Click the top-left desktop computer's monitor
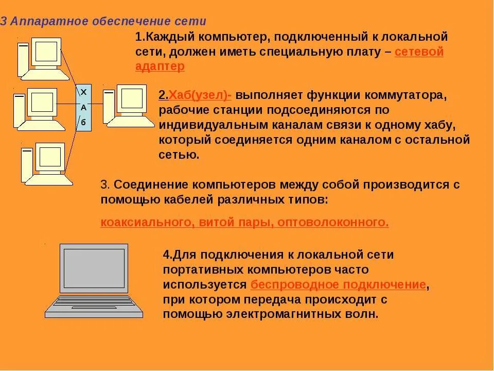[x=46, y=52]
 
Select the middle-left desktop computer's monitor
[x=42, y=103]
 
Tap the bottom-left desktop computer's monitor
[x=49, y=157]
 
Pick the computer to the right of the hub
[x=129, y=106]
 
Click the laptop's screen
[x=93, y=268]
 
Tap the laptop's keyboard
[x=94, y=303]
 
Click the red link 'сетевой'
[x=419, y=52]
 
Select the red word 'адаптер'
[x=160, y=66]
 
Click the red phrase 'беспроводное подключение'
[x=338, y=284]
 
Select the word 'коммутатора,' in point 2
[x=401, y=96]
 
